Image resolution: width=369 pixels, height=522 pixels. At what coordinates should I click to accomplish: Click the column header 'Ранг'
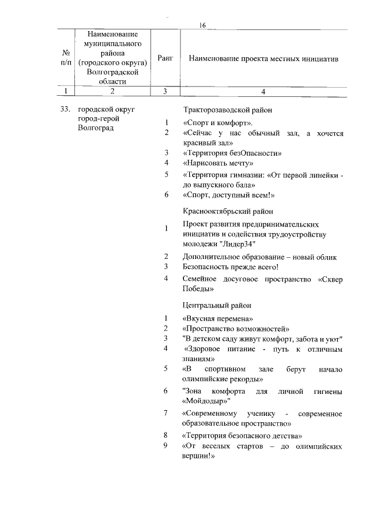coord(165,59)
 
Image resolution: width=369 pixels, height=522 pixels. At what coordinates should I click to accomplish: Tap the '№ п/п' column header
coord(67,59)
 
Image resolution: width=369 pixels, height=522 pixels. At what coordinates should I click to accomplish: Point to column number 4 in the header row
coord(263,91)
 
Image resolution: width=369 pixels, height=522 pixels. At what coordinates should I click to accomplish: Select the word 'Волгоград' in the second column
coord(96,128)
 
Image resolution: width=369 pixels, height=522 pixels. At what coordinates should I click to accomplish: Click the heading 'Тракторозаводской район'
coord(228,110)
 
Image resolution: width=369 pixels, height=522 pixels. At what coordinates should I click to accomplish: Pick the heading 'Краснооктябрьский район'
coord(228,212)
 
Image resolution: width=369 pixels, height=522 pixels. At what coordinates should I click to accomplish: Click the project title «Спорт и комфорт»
coord(218,123)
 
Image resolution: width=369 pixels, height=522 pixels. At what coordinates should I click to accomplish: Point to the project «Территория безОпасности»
coord(232,153)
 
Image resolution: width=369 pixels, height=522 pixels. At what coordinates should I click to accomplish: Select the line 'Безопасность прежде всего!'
coord(230,266)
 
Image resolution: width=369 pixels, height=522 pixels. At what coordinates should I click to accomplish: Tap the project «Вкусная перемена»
coord(218,318)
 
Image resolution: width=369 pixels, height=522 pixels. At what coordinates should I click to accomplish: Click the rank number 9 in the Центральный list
coord(165,446)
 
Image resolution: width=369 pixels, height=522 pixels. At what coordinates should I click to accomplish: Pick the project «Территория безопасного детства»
coord(242,435)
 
